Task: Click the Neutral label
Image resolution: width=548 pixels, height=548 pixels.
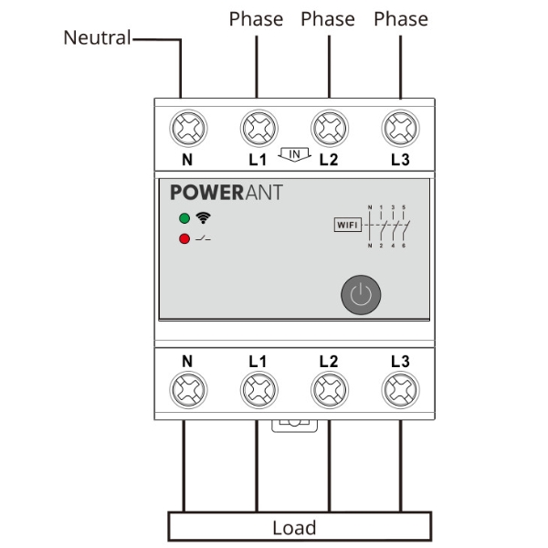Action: (97, 38)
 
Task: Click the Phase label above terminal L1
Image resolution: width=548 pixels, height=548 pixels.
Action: (256, 18)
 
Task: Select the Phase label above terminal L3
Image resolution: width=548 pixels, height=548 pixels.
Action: (400, 18)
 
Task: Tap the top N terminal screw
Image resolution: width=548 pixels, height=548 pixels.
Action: (186, 130)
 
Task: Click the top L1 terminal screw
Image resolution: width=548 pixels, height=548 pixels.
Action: (258, 130)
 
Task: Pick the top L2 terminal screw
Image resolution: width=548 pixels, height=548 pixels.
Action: (329, 130)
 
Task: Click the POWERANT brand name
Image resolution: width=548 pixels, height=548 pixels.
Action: (227, 193)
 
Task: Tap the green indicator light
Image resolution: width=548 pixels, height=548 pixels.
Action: (184, 219)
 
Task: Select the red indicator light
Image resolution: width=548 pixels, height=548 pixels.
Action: (184, 239)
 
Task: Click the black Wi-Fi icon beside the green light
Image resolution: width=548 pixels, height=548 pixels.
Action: (202, 219)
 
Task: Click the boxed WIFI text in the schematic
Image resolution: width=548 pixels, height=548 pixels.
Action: (347, 225)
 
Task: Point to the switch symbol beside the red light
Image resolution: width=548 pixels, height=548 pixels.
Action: (204, 239)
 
